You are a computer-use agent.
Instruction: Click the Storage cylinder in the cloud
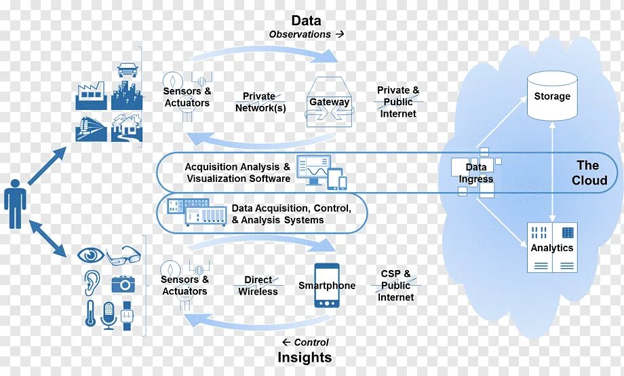552,96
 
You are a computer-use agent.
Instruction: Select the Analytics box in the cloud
552,247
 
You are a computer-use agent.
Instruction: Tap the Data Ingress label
476,173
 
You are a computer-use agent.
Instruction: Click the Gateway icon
330,102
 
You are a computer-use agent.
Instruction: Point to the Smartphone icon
327,286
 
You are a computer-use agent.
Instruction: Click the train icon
91,128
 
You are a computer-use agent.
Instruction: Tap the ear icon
90,281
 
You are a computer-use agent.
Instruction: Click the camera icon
123,283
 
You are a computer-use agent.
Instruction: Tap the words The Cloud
589,172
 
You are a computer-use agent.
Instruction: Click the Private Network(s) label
260,102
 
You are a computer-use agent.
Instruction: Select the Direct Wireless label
258,286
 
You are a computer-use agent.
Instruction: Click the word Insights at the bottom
305,358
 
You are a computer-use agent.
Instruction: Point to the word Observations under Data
300,34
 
